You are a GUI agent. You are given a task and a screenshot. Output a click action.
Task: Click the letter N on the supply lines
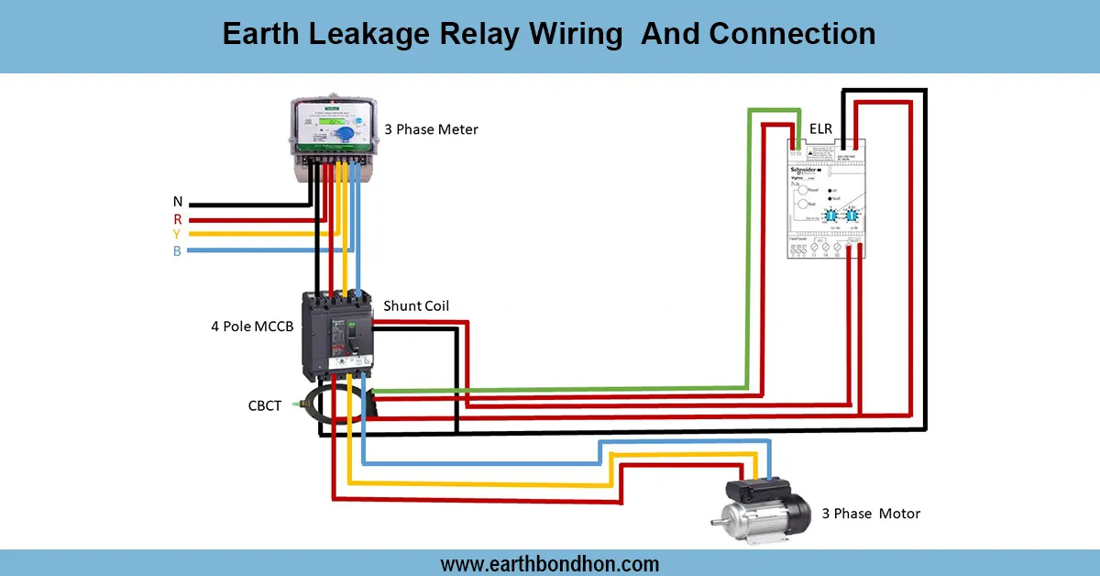(177, 202)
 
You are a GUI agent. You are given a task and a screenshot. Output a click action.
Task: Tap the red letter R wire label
(177, 219)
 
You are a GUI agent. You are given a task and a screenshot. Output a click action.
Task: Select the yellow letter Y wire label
(177, 235)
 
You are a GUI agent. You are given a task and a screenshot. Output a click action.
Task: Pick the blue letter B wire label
(177, 251)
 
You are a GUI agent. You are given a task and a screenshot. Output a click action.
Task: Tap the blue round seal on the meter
(344, 135)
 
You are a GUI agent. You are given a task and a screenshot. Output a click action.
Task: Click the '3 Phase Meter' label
(431, 129)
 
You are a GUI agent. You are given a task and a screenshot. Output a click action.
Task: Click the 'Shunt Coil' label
(416, 305)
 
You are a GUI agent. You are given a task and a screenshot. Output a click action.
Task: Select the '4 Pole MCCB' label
(252, 326)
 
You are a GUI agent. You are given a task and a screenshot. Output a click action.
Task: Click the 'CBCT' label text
(265, 405)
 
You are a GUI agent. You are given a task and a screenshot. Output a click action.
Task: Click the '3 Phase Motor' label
(870, 514)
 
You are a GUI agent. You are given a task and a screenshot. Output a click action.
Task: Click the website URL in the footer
(549, 563)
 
